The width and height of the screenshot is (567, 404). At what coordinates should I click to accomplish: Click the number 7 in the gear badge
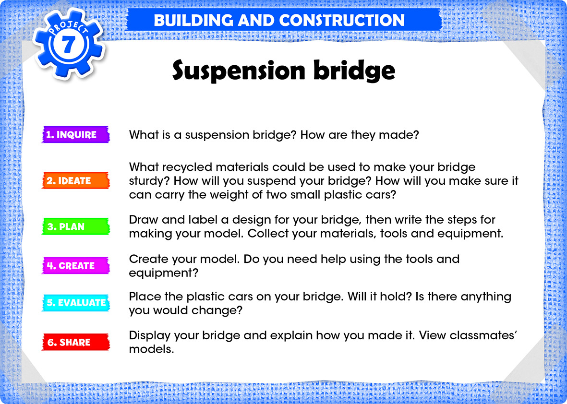coord(68,45)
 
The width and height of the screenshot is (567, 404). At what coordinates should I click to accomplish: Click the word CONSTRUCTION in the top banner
coord(342,20)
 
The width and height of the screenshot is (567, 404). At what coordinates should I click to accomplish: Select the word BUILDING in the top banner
coord(193,20)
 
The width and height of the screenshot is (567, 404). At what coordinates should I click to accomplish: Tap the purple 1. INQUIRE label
coord(75,134)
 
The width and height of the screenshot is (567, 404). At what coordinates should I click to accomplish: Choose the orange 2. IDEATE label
coord(75,180)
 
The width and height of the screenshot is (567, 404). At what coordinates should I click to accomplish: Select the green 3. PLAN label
coord(75,226)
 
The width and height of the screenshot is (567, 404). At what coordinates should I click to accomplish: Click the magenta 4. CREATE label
coord(75,266)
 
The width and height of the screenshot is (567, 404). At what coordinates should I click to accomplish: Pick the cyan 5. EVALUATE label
coord(75,303)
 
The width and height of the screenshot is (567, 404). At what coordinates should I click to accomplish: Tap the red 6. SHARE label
coord(75,342)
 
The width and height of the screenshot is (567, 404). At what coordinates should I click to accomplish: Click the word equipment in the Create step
coord(163,273)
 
